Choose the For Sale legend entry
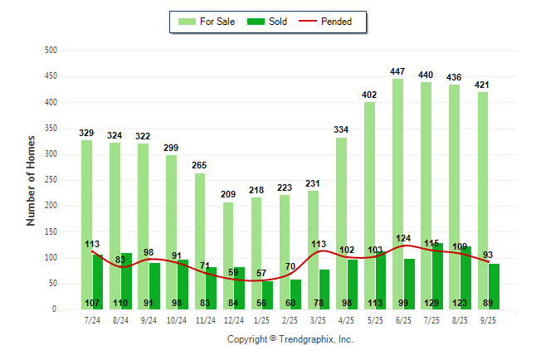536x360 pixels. coord(207,22)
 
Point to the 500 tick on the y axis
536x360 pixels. coord(51,51)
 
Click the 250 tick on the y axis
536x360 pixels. coord(51,180)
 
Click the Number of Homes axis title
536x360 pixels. coord(31,180)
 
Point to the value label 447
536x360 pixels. coord(397,72)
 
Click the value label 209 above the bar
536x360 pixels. coord(228,195)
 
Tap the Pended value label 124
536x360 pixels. coord(404,239)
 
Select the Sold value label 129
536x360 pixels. coord(431,303)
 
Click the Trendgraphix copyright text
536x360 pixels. coord(290,339)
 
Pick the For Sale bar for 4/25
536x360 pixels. coord(341,223)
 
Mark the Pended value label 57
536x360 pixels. coord(261,273)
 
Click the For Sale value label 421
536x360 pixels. coord(482,85)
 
